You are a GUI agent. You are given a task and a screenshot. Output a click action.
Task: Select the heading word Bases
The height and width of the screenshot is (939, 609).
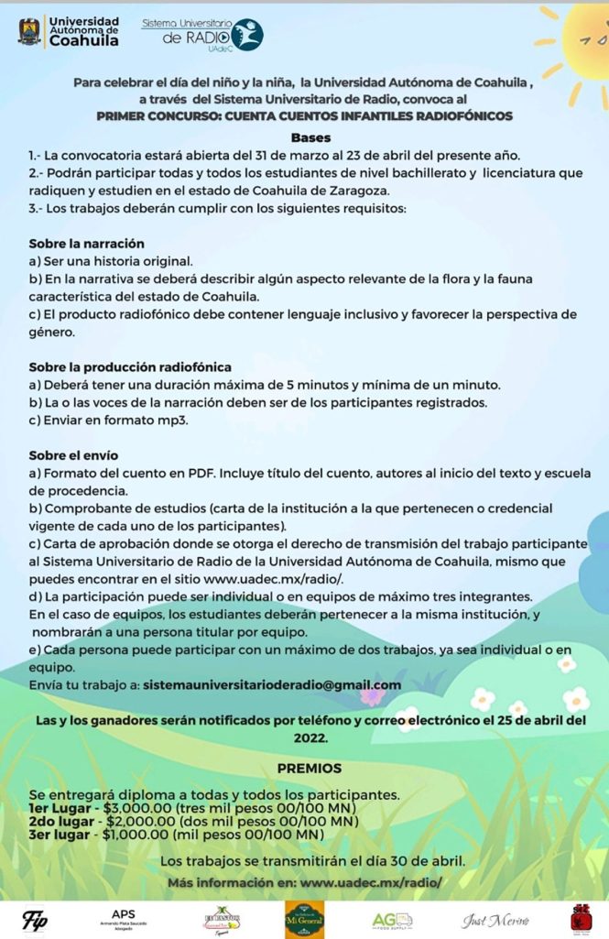pyautogui.click(x=304, y=137)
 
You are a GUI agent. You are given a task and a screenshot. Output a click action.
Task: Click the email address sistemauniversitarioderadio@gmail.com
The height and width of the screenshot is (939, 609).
pyautogui.click(x=272, y=684)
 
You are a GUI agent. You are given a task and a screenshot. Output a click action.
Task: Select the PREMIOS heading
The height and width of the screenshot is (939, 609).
pyautogui.click(x=310, y=768)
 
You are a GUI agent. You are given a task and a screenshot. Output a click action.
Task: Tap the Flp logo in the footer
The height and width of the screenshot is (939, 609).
pyautogui.click(x=35, y=918)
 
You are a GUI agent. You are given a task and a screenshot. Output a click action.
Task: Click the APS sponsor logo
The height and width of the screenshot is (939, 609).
pyautogui.click(x=123, y=918)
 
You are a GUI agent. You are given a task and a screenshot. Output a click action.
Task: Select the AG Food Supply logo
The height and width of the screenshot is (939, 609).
pyautogui.click(x=392, y=919)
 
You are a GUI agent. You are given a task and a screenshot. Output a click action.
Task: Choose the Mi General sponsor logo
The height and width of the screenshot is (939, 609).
pyautogui.click(x=303, y=919)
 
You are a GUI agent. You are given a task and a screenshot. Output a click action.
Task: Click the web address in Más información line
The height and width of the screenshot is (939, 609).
pyautogui.click(x=371, y=881)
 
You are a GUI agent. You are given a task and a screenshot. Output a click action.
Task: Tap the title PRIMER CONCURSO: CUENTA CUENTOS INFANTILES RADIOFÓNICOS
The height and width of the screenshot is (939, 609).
pyautogui.click(x=304, y=116)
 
